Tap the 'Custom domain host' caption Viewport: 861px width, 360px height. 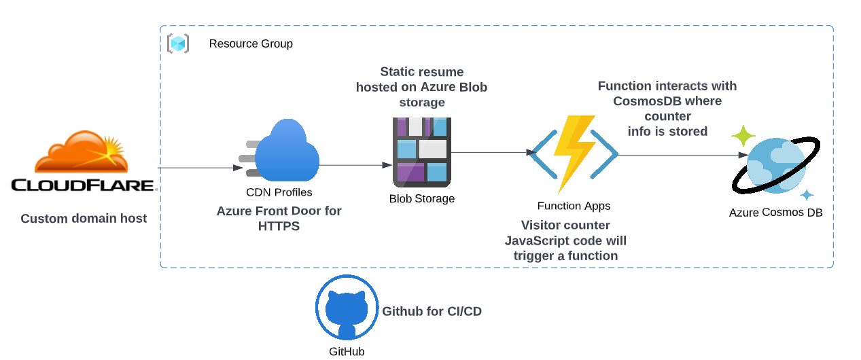[84, 219]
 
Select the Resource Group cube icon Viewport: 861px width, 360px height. [178, 43]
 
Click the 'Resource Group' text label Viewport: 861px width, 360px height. [251, 43]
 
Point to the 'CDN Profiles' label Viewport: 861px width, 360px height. [279, 193]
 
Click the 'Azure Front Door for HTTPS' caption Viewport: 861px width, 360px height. [279, 219]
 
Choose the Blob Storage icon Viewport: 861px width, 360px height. [421, 152]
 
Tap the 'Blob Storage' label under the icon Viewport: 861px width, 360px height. [422, 199]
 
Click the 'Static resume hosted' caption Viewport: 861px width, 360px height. [422, 87]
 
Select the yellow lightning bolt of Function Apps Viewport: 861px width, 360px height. [574, 153]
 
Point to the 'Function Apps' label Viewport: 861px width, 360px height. [574, 206]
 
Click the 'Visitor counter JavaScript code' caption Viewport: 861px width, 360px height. [565, 240]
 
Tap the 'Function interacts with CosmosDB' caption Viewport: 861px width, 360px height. [667, 109]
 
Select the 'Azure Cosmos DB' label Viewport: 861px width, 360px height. [775, 213]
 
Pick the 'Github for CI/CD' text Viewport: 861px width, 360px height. [432, 312]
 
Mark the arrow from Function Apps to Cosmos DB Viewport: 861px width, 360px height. [680, 155]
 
